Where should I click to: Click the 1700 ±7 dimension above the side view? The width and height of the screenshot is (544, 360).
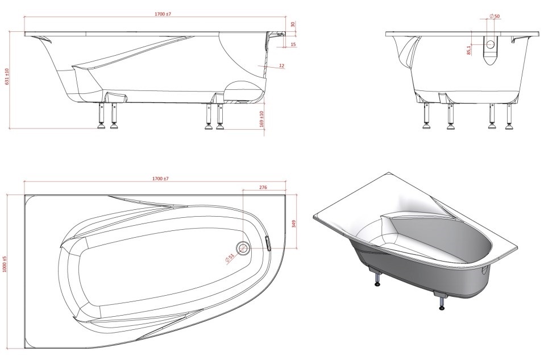coord(163,14)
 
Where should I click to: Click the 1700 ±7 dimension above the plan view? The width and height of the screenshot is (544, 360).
coord(160,179)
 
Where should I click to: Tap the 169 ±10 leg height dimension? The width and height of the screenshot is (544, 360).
coord(261,119)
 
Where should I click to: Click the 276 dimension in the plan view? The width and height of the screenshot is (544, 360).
coord(263,188)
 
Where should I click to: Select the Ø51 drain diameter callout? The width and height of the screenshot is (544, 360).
coord(230,258)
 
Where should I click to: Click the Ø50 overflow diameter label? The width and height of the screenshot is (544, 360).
coord(495,16)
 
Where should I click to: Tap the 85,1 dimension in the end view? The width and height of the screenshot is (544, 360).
coord(469,50)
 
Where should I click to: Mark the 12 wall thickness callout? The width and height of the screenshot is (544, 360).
coord(281,65)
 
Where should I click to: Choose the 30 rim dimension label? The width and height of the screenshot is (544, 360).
coord(293,24)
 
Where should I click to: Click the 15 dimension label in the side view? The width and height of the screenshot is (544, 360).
coord(293,44)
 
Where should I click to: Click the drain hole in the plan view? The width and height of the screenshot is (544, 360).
coord(243,248)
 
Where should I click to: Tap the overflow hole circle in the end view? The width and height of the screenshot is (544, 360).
coord(490,44)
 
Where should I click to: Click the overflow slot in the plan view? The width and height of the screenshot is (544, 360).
coord(268,243)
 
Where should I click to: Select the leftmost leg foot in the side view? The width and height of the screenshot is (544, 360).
coord(102,126)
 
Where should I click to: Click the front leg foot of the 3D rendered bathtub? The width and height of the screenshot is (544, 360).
coord(442,308)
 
